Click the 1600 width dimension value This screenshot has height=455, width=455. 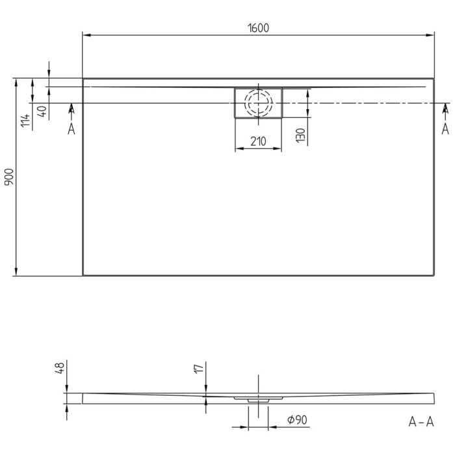[258, 27]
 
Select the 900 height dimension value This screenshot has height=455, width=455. [8, 177]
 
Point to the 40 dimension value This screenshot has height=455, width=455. [42, 110]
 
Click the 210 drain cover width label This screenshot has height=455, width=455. [258, 141]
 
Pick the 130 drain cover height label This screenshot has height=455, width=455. [300, 135]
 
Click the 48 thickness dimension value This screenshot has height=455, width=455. [59, 369]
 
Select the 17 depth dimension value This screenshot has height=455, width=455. [200, 369]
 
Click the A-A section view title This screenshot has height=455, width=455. [421, 422]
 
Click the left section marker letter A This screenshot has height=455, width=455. [71, 129]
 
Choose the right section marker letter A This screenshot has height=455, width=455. [445, 129]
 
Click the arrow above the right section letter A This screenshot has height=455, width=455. [445, 108]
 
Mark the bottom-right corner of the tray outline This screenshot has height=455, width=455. [434, 275]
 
